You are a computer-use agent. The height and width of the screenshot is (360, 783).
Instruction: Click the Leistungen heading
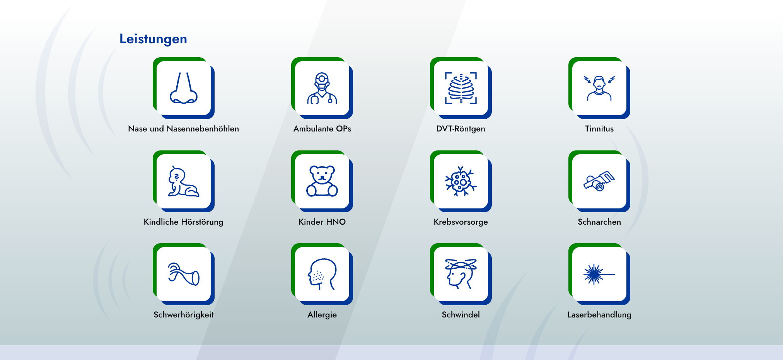click(x=153, y=39)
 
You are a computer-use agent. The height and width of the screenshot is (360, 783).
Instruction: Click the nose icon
click(x=183, y=88)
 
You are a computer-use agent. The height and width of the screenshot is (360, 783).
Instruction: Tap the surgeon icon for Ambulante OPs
click(x=322, y=88)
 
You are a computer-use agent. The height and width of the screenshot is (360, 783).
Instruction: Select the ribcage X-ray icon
click(x=461, y=88)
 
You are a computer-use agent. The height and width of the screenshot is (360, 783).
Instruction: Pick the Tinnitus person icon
click(x=599, y=88)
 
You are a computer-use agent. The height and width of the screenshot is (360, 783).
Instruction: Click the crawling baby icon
click(x=183, y=181)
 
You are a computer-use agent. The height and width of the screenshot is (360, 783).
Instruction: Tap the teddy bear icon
click(x=322, y=181)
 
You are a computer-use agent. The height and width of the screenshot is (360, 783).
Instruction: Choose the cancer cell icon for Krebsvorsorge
click(x=461, y=181)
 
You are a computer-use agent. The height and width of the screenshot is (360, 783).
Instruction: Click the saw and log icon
click(x=599, y=181)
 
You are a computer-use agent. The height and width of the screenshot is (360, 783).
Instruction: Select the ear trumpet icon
click(x=183, y=274)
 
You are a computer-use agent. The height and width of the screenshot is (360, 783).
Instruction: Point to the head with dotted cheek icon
click(x=322, y=274)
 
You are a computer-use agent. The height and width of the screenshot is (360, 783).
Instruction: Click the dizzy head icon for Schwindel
click(x=461, y=274)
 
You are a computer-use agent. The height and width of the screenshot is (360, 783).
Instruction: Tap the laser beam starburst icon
click(x=599, y=274)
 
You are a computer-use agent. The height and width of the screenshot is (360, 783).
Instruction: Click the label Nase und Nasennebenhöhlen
click(x=183, y=129)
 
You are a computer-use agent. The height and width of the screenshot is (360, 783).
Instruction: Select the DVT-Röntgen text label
click(x=461, y=129)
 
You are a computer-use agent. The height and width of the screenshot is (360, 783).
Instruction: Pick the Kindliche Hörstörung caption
click(x=183, y=222)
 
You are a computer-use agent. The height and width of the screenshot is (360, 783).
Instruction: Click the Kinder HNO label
click(x=322, y=222)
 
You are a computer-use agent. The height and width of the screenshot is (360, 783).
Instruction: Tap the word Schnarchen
click(x=599, y=222)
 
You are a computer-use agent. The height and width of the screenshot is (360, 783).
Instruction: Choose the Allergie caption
click(x=322, y=315)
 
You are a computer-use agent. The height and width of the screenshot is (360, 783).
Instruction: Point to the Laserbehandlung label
click(x=599, y=315)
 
